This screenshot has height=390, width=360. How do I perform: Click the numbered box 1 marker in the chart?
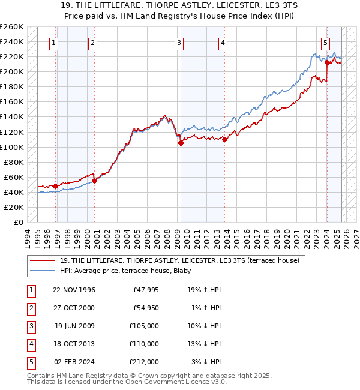point(54,43)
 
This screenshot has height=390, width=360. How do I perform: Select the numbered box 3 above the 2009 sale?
point(179,43)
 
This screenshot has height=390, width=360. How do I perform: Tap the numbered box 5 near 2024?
point(325,43)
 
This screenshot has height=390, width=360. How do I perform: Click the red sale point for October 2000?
point(94,181)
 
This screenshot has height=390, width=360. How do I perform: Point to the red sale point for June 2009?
point(181,143)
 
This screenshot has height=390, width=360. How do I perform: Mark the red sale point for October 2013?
point(224,139)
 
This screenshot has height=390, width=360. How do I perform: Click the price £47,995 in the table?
point(145,290)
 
